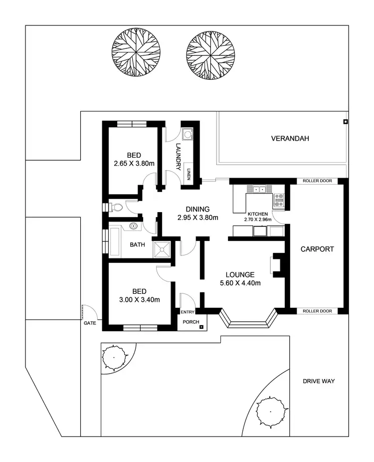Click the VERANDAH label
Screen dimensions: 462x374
coord(290,138)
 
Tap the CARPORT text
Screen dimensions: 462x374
coord(317,249)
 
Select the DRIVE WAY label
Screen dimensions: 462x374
coord(318,381)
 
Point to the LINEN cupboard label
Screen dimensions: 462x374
coord(189,174)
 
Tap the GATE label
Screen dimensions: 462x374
coord(89,323)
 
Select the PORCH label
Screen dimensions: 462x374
coord(190,322)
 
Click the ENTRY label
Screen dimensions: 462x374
coord(187,312)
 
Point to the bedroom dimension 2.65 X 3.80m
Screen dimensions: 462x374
coord(133,163)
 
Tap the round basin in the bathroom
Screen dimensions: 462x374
coord(133,227)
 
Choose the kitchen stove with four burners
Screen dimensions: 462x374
coord(278,200)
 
